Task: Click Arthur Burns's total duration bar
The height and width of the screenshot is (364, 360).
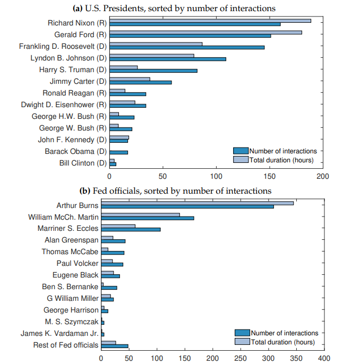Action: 197,203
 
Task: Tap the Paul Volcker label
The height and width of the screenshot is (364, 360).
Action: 78,263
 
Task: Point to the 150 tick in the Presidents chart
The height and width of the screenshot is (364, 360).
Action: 270,176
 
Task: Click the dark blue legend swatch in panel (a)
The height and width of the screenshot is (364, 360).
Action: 241,151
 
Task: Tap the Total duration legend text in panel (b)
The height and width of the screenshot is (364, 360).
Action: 282,342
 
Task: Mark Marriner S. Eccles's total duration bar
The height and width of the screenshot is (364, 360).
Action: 118,226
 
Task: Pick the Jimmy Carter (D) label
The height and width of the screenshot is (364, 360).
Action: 78,81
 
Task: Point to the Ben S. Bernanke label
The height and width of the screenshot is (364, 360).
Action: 70,287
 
